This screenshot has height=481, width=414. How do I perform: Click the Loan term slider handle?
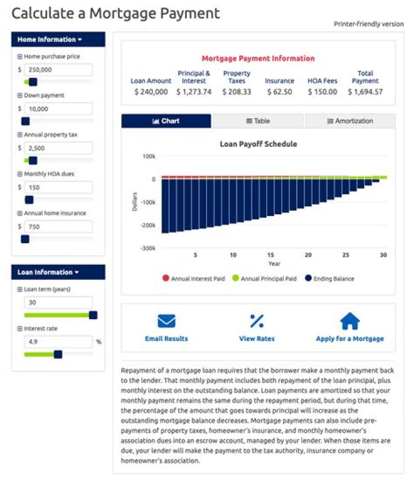click(x=93, y=315)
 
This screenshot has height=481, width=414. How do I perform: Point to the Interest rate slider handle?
click(x=57, y=354)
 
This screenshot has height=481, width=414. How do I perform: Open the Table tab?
click(x=258, y=121)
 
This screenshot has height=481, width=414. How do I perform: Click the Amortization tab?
click(x=350, y=121)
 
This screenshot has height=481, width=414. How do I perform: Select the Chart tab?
click(x=166, y=121)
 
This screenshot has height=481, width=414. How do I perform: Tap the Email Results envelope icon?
click(x=166, y=321)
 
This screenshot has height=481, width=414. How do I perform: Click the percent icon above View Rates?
click(x=256, y=321)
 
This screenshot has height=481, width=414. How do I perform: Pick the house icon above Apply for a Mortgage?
click(x=350, y=321)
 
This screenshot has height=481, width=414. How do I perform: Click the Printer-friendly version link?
click(x=369, y=24)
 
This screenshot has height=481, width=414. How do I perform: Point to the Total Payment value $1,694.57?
click(x=365, y=92)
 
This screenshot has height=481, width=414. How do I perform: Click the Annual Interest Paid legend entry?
click(x=193, y=278)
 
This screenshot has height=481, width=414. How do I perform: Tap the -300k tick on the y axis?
click(x=148, y=248)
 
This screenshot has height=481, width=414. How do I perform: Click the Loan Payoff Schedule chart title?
click(x=258, y=144)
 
